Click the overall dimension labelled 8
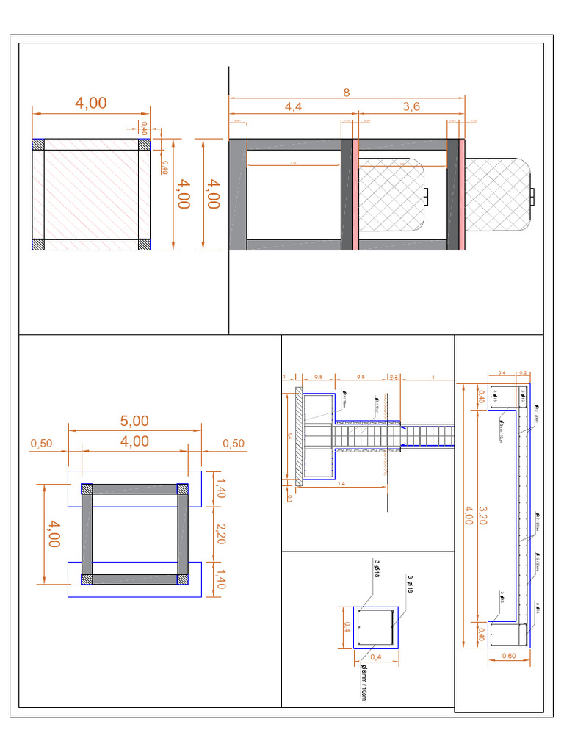point(347,92)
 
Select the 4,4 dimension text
point(293,107)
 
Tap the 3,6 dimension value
point(411,107)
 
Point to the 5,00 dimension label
point(134,421)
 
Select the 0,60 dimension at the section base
point(508,656)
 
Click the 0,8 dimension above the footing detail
point(361,377)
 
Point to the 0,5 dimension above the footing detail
point(318,377)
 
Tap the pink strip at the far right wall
point(463,194)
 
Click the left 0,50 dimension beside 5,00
point(41,444)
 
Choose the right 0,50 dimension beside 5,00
point(234,444)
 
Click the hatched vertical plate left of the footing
point(299,437)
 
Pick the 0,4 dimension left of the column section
point(347,627)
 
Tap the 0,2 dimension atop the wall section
point(523,373)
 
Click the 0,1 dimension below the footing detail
point(289,498)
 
